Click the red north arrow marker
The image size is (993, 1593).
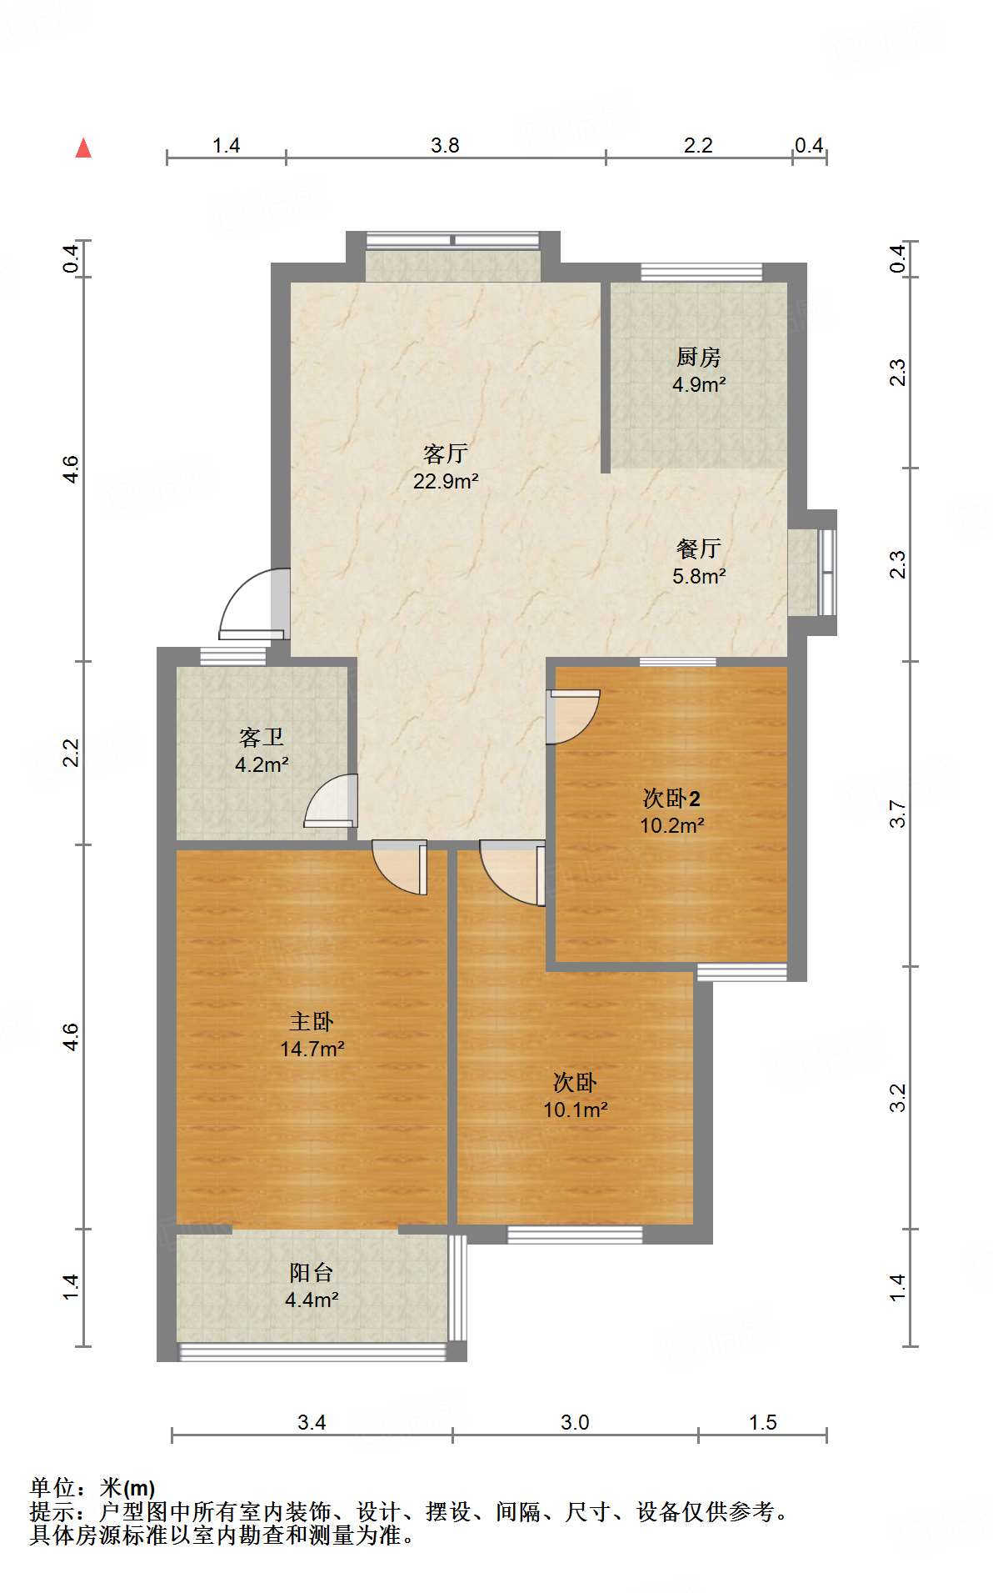tap(83, 148)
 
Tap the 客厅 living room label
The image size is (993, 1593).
tap(446, 453)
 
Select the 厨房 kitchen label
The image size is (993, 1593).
tap(698, 358)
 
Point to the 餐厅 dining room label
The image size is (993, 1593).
tap(698, 549)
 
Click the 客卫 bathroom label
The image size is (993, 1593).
tap(262, 737)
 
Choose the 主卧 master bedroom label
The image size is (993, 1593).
tap(312, 1021)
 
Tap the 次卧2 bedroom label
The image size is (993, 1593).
tap(671, 798)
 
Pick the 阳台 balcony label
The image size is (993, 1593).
tap(312, 1272)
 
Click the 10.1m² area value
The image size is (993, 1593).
tap(575, 1110)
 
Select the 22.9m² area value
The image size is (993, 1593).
tap(446, 481)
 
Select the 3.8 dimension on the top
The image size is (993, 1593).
tap(445, 146)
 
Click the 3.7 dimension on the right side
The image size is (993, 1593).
tap(897, 814)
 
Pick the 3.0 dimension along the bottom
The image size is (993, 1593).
tap(575, 1422)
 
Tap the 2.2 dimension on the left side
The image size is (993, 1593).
tap(71, 753)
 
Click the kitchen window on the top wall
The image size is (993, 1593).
tap(701, 272)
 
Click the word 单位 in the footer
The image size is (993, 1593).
tap(52, 1487)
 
